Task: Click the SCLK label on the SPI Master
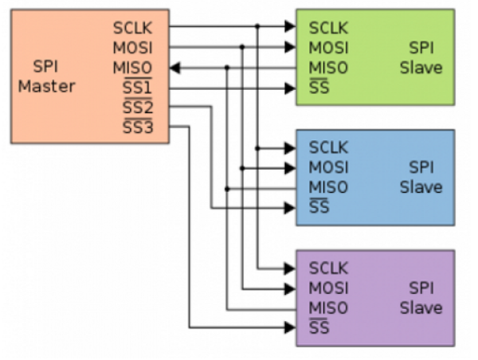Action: click(x=132, y=29)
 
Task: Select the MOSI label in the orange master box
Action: click(x=132, y=48)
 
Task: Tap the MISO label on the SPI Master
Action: click(x=132, y=68)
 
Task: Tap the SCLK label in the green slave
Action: click(x=328, y=29)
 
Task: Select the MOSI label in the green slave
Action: click(x=328, y=48)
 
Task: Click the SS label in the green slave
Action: click(x=319, y=88)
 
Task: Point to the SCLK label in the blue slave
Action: click(x=328, y=148)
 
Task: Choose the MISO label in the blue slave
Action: click(x=328, y=188)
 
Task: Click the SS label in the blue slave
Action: click(x=319, y=208)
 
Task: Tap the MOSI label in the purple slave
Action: click(x=328, y=288)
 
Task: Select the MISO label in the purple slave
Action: click(x=328, y=307)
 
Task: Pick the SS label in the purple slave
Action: click(x=319, y=327)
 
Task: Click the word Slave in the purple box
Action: click(x=421, y=307)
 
